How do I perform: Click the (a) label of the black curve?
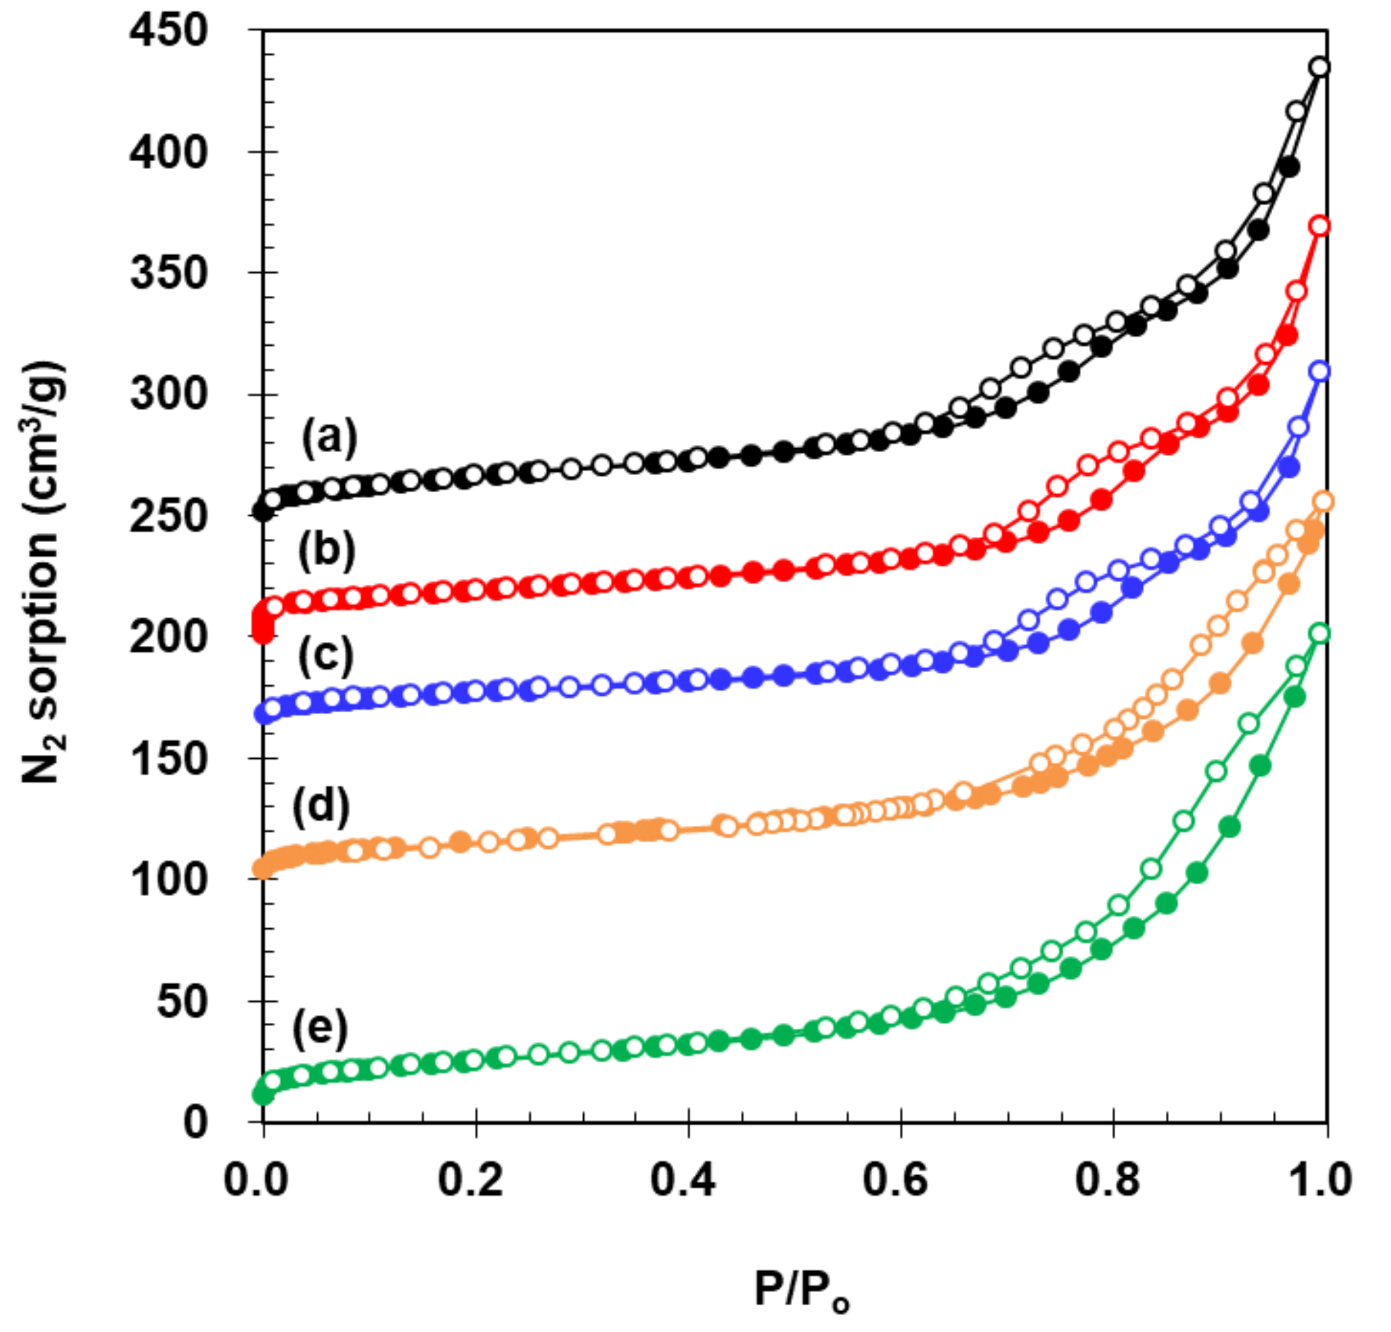coord(329,437)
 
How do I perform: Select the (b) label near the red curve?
coord(326,550)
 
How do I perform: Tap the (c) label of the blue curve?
coord(325,656)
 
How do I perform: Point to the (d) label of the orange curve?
coord(321,807)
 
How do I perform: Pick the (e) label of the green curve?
coord(320,1028)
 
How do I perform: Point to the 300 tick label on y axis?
coord(168,394)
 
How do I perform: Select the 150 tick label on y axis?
coord(168,759)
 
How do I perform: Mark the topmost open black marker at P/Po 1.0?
coord(1320,68)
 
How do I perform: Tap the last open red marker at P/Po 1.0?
coord(1320,226)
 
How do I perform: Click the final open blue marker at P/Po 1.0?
coord(1320,372)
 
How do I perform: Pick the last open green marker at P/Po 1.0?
coord(1320,633)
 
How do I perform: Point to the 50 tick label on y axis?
coord(181,1002)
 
